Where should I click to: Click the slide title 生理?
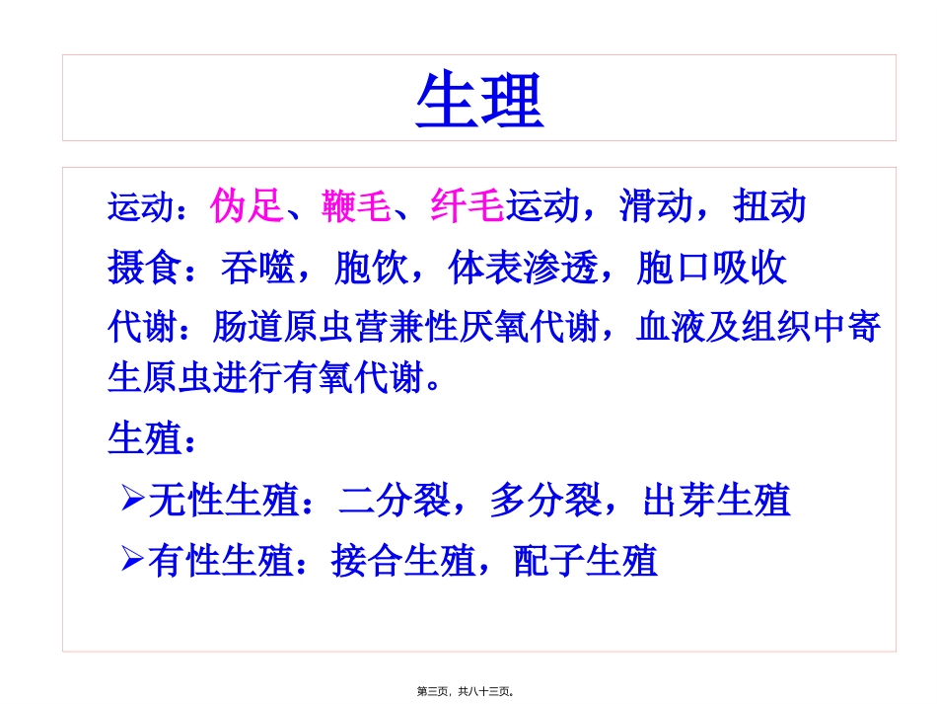coord(479,102)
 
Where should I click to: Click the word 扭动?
coord(770,206)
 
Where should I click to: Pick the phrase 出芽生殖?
coord(716,501)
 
